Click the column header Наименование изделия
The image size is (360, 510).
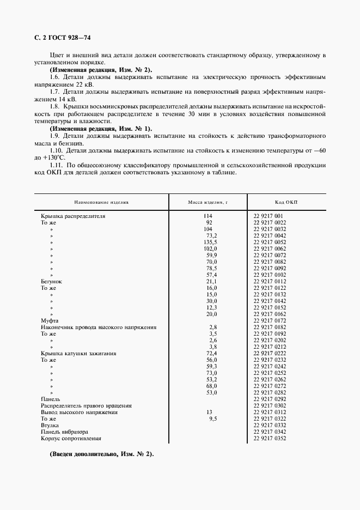point(102,202)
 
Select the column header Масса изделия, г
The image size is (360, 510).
point(208,202)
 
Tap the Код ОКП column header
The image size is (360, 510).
point(286,202)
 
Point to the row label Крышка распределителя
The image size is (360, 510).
point(73,216)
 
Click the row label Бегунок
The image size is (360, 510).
point(52,281)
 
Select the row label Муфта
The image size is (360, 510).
point(50,320)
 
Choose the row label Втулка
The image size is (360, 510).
point(50,425)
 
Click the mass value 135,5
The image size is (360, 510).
point(210,242)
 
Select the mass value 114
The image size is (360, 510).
point(208,216)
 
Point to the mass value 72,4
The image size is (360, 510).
point(211,353)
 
